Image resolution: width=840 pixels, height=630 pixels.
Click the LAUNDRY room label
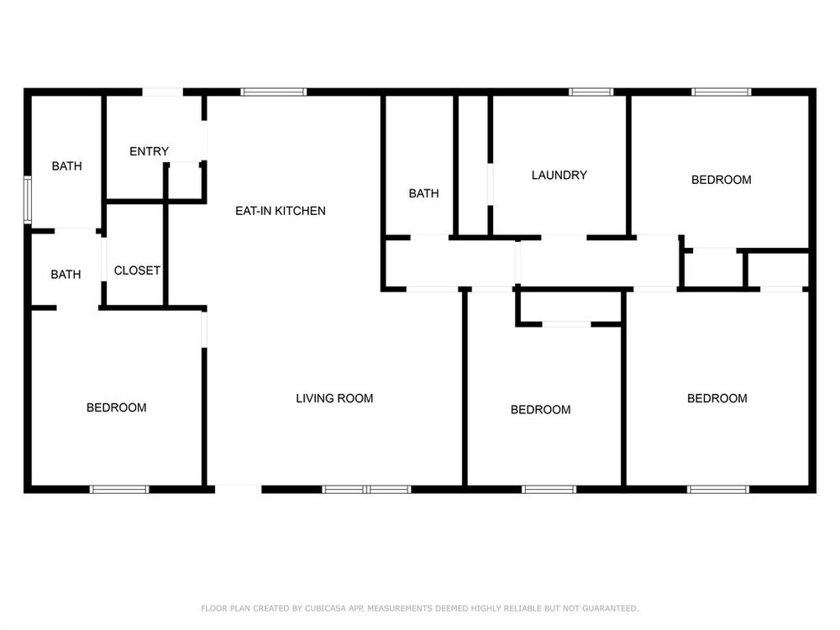pos(559,176)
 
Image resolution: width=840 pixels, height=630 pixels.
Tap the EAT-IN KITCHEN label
pos(281,211)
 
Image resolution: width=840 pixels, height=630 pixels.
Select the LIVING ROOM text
pos(334,398)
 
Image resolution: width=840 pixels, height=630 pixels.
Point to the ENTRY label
pos(149,151)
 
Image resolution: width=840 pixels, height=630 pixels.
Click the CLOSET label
pos(137,270)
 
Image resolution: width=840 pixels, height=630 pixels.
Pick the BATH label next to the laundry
pos(423,193)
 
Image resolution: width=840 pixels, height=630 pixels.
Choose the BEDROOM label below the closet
pos(116,407)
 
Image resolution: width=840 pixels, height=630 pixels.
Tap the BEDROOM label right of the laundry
pos(721,180)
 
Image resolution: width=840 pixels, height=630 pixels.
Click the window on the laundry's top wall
pos(591,92)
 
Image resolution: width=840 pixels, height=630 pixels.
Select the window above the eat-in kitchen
pos(274,92)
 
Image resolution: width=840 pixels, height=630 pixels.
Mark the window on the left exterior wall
pos(28,200)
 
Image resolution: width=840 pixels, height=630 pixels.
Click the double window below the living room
pos(366,489)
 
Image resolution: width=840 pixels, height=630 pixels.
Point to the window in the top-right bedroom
pos(721,92)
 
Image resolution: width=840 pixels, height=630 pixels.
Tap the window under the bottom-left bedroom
pos(119,489)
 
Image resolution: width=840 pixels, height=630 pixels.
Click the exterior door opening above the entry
pos(163,92)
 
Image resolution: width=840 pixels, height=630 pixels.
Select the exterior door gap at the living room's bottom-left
pos(239,489)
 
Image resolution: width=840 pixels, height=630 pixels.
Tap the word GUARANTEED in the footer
pos(610,608)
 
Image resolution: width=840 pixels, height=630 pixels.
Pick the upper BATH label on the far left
pos(67,166)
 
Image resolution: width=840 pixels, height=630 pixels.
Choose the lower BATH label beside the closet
pos(66,275)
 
